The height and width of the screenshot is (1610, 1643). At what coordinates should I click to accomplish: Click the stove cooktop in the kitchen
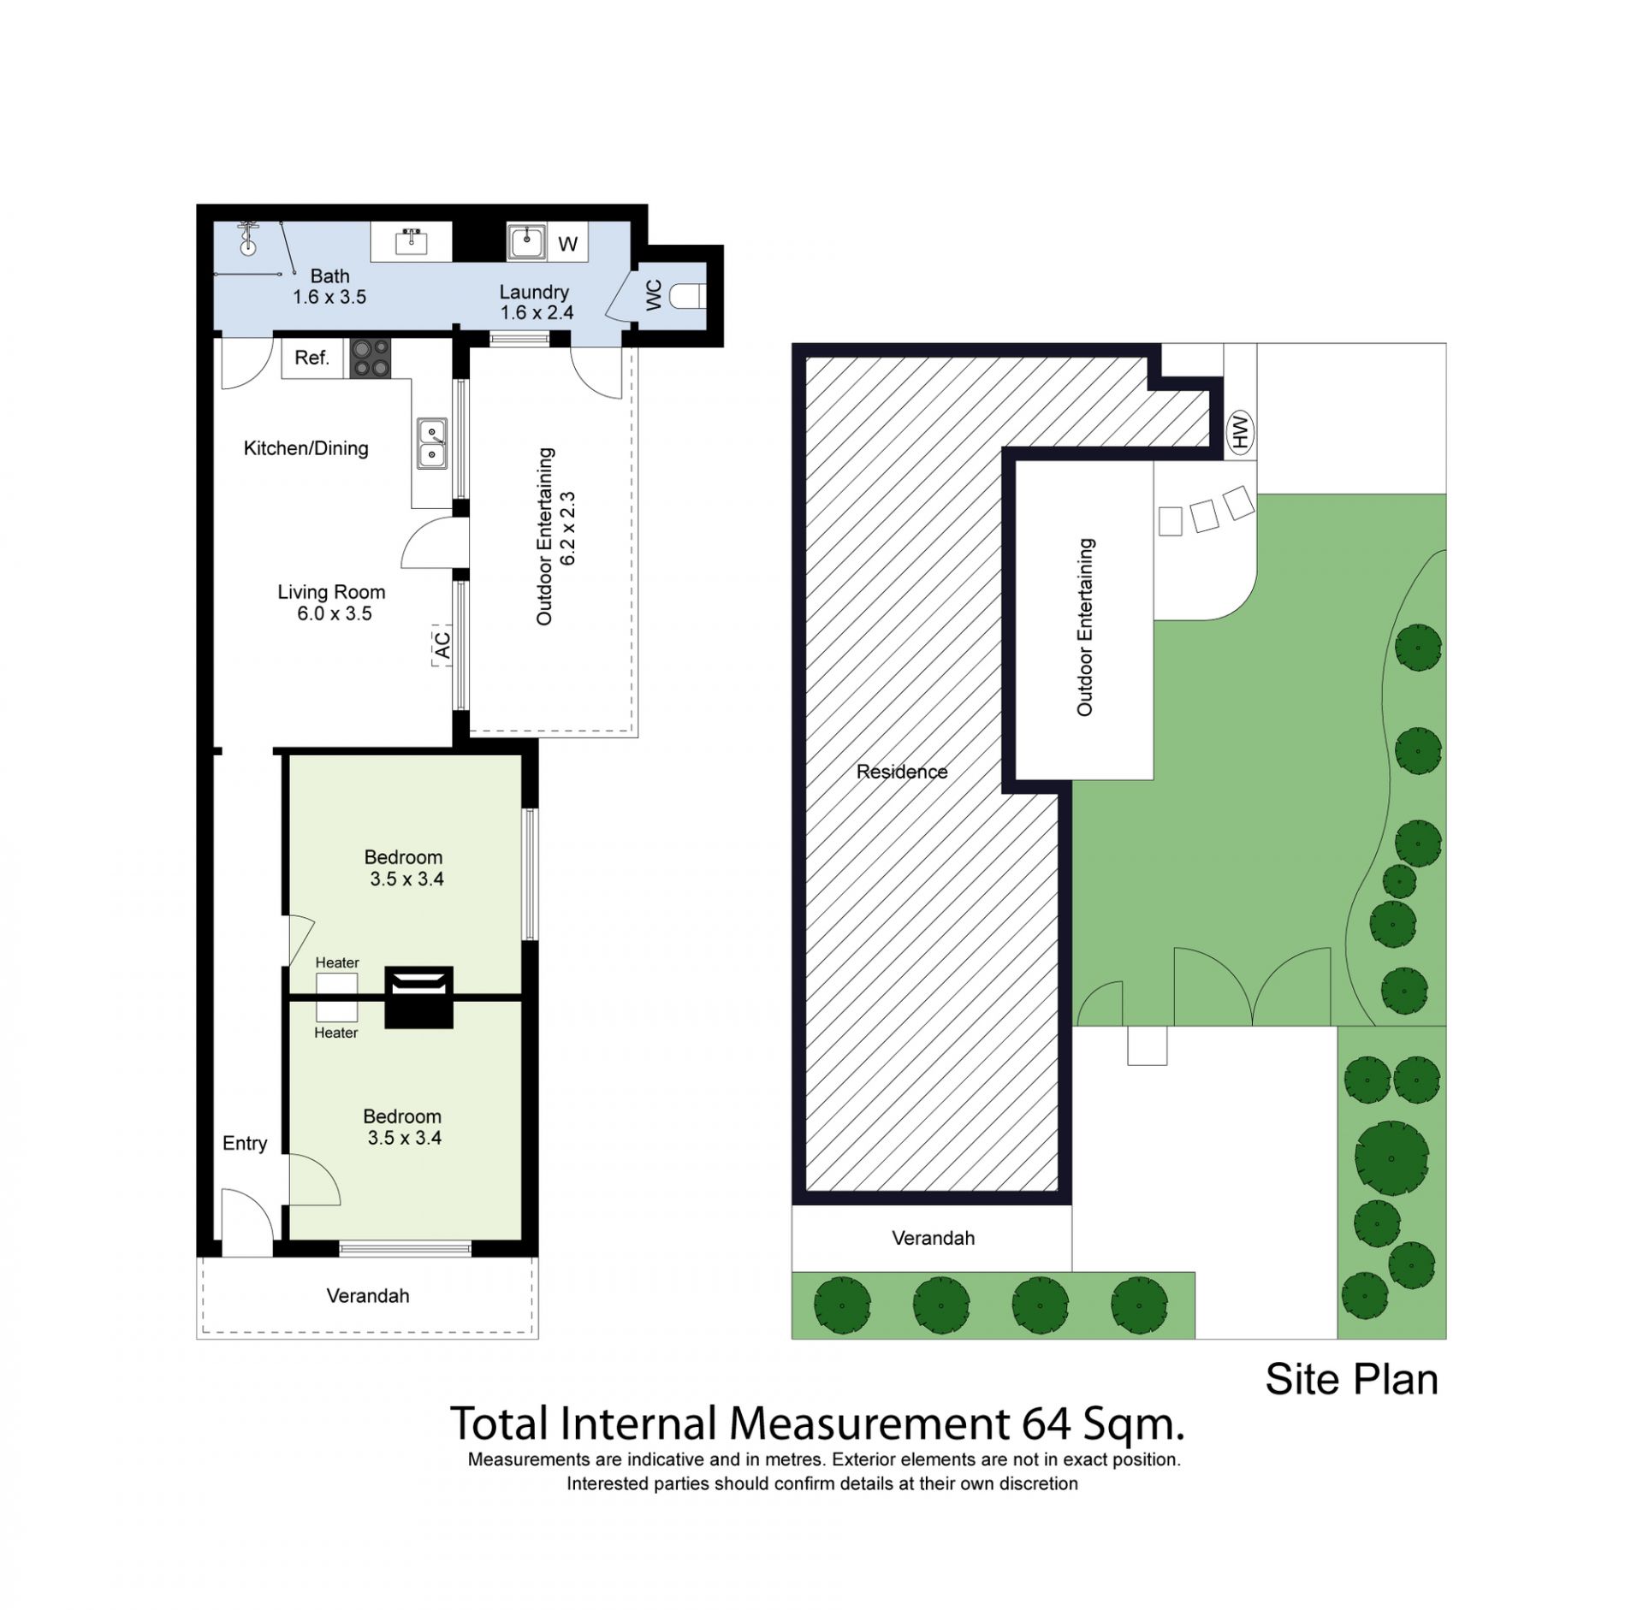[371, 358]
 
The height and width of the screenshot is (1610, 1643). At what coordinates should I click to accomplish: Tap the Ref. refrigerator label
[311, 358]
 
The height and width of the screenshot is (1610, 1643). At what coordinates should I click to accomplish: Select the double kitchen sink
[432, 443]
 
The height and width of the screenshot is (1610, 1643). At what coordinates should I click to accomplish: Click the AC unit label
[442, 644]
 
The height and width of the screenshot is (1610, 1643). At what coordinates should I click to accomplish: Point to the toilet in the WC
[687, 296]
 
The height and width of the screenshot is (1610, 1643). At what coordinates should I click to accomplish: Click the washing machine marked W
[567, 244]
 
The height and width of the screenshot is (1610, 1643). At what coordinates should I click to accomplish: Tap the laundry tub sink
[526, 241]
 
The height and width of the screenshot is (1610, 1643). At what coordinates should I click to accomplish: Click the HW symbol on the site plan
[1240, 431]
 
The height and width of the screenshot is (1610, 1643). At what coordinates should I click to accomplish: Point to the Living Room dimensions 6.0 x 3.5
[335, 613]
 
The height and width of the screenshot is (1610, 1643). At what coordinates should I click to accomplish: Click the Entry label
[245, 1143]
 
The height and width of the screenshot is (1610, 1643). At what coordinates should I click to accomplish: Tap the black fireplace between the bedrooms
[418, 997]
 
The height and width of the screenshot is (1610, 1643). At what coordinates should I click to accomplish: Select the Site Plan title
[1351, 1380]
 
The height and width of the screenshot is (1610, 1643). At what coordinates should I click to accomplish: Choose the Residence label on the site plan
[902, 772]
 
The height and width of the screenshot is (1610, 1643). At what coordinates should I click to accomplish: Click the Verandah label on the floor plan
[368, 1296]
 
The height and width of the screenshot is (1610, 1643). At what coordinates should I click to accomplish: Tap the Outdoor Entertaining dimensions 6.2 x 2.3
[568, 528]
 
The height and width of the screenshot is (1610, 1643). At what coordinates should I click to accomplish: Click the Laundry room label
[534, 292]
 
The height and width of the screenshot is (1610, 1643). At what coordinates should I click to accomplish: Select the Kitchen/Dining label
[306, 448]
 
